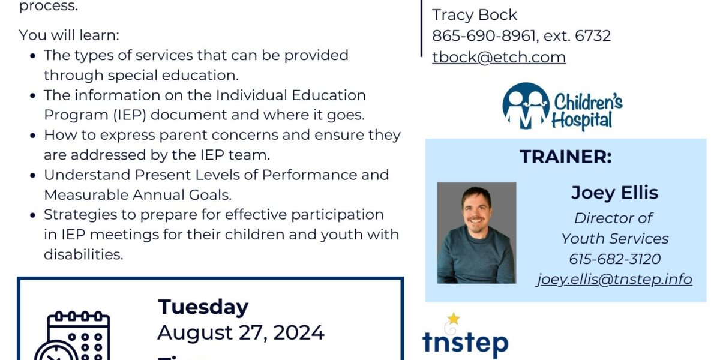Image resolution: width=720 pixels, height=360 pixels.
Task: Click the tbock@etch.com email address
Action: pyautogui.click(x=499, y=57)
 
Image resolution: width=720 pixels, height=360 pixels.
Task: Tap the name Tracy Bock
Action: pyautogui.click(x=474, y=15)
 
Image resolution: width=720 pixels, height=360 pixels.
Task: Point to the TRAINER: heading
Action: pyautogui.click(x=565, y=157)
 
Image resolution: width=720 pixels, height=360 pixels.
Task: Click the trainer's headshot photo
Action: pyautogui.click(x=476, y=233)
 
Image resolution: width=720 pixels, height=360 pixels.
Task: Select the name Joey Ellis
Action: pyautogui.click(x=614, y=193)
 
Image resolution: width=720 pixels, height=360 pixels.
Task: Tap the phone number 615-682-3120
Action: pyautogui.click(x=614, y=259)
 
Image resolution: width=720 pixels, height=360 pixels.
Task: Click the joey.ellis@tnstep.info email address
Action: pyautogui.click(x=614, y=279)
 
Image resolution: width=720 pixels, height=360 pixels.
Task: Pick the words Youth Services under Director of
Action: pyautogui.click(x=614, y=239)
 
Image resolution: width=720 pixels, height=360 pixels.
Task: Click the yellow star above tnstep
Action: pyautogui.click(x=454, y=319)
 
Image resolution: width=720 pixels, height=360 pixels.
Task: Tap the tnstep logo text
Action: pyautogui.click(x=465, y=343)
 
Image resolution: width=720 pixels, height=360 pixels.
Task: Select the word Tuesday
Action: pyautogui.click(x=203, y=307)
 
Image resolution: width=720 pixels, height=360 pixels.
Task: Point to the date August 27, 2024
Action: pyautogui.click(x=241, y=332)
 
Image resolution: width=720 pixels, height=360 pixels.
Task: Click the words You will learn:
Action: pyautogui.click(x=69, y=35)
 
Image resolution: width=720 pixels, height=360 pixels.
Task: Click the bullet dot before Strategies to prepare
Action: pyautogui.click(x=33, y=215)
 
